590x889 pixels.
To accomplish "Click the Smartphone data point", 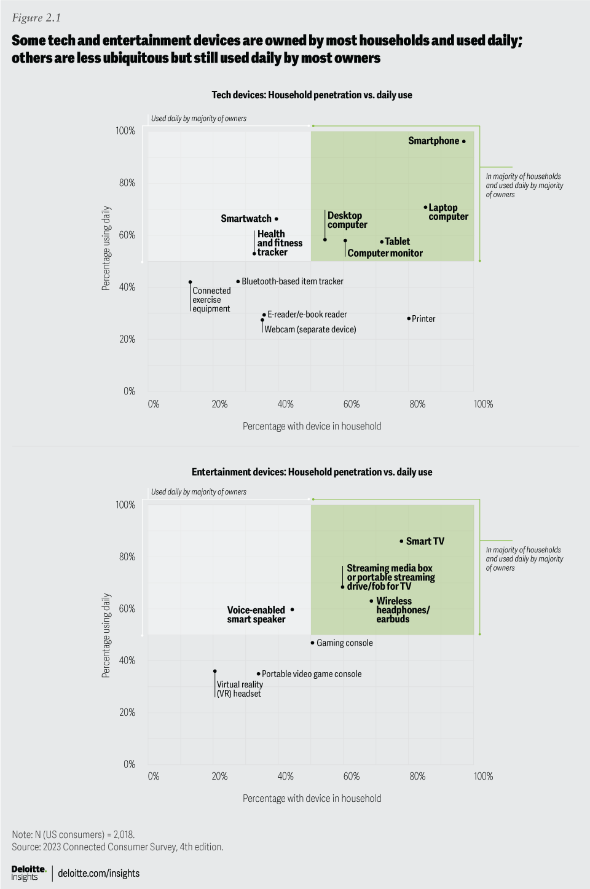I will click(x=464, y=141).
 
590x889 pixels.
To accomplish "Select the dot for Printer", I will click(x=409, y=318).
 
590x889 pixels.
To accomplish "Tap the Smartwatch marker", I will click(x=277, y=219).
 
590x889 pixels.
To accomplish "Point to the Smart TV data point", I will click(x=401, y=541).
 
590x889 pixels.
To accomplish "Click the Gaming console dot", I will click(x=312, y=643).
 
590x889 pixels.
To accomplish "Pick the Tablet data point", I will click(x=382, y=241).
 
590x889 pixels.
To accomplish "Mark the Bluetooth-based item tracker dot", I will click(x=238, y=281).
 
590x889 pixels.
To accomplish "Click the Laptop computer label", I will click(x=448, y=212).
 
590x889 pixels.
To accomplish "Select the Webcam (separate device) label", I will click(x=310, y=329).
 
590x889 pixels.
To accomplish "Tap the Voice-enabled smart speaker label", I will click(x=256, y=614).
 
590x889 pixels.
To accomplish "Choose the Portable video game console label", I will click(x=312, y=674).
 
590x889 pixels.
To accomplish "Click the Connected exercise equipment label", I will click(x=211, y=300).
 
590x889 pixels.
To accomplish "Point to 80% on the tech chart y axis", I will click(x=127, y=182).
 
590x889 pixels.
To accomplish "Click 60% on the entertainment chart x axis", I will click(x=352, y=776).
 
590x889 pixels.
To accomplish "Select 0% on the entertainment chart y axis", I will click(x=129, y=764).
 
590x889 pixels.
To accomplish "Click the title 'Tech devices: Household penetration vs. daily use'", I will click(x=312, y=95).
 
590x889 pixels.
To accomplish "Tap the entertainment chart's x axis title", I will click(x=312, y=798).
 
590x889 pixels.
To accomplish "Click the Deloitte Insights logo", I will click(x=29, y=873).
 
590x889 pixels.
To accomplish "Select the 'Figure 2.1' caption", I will click(x=36, y=18).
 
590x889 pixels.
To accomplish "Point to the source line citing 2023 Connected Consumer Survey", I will click(x=117, y=847).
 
